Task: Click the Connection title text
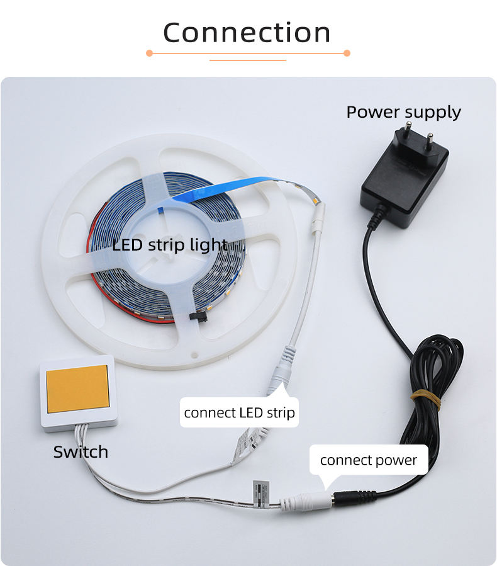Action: coord(247,33)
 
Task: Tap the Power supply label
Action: coord(403,112)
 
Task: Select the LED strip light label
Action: coord(170,245)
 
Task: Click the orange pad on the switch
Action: coord(77,389)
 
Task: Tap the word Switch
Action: coord(81,452)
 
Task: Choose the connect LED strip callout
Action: coord(239,414)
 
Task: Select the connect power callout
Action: coord(368,460)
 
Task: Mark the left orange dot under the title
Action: coord(149,54)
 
